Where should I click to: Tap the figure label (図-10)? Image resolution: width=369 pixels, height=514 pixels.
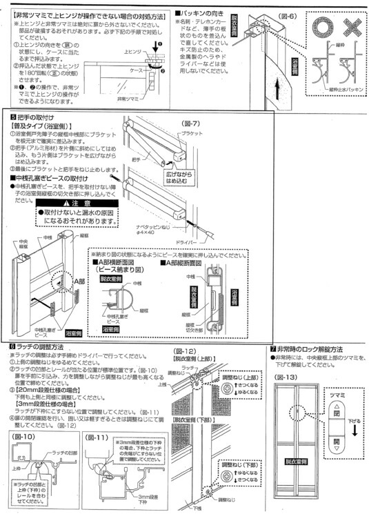[28, 437]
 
